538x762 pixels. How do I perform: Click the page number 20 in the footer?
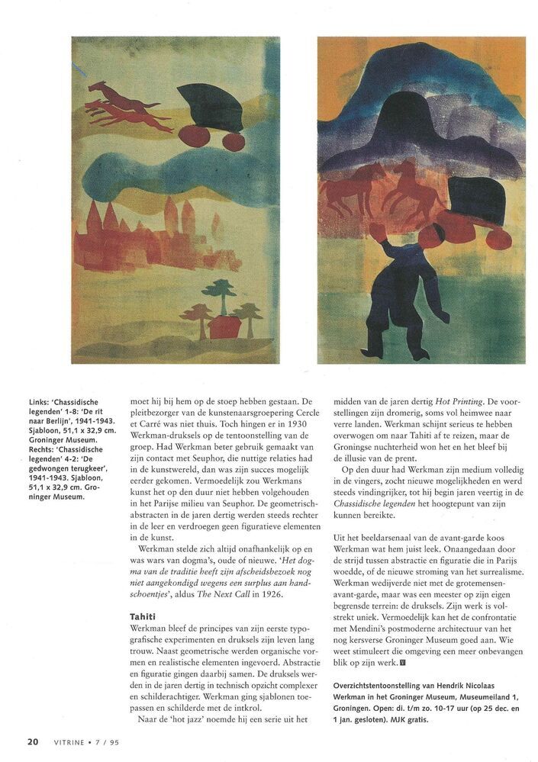click(x=33, y=740)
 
